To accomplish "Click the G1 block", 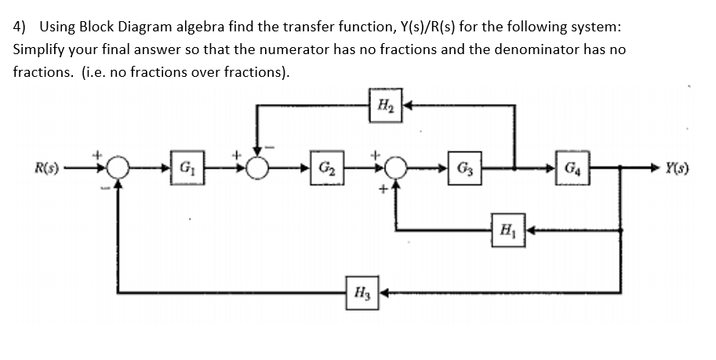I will coord(186,168).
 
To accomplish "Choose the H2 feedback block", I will coord(386,104).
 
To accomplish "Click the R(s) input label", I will coord(46,168).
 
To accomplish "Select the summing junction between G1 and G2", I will coord(256,168).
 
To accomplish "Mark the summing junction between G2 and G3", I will coord(397,168).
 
